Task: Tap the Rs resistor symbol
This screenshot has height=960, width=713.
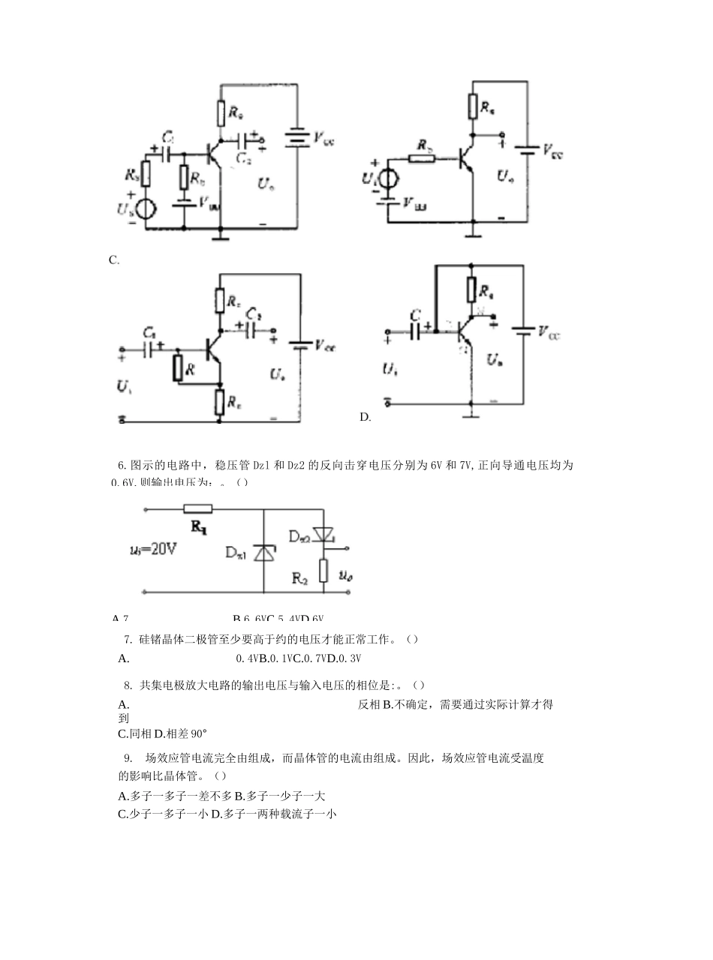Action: [x=146, y=175]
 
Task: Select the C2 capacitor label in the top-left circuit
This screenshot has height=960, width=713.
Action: [x=244, y=158]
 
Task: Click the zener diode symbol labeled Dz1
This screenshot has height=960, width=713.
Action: [x=263, y=553]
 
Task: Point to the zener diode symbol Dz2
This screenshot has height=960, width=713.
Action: [x=323, y=534]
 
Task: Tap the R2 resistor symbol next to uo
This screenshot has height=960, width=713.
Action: [x=323, y=570]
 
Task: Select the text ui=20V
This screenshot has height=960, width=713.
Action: [x=153, y=549]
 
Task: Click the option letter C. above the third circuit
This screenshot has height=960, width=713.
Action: [x=114, y=260]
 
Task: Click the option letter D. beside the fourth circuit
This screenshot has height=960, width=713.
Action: [x=366, y=417]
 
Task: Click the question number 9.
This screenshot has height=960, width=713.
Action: [x=128, y=757]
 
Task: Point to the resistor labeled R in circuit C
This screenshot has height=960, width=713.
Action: [x=178, y=368]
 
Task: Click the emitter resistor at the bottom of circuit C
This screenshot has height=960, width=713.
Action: [x=219, y=402]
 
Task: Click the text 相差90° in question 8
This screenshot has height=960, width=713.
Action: [x=180, y=733]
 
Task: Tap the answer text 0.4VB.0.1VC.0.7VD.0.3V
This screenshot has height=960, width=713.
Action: [x=299, y=658]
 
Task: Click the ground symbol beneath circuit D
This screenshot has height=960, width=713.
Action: [x=471, y=413]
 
